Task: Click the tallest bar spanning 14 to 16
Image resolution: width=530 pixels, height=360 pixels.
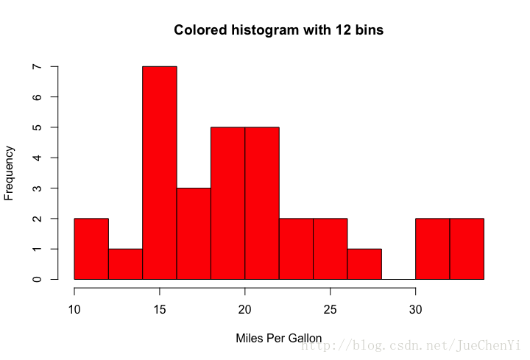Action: point(160,173)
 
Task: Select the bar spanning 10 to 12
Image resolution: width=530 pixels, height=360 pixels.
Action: point(91,249)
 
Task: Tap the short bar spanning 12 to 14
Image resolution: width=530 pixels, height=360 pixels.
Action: point(125,264)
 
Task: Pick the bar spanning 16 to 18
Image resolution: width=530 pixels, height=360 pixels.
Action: point(194,234)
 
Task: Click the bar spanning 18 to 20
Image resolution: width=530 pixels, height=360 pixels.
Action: point(227,203)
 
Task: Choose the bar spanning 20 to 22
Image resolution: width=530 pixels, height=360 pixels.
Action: point(262,203)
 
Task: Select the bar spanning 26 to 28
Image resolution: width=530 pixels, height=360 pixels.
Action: point(364,264)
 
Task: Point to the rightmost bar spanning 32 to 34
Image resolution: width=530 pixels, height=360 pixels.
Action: point(467,249)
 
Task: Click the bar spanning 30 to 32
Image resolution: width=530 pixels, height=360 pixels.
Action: point(433,249)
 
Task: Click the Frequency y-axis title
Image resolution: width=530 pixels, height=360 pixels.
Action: point(10,173)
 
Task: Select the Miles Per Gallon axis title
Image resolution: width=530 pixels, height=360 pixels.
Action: point(278,339)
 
